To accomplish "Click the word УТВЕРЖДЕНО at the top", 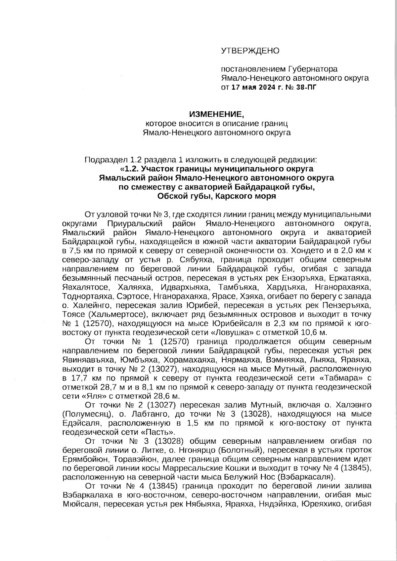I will coord(250,51).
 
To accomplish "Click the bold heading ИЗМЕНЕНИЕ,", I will coord(216,115).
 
